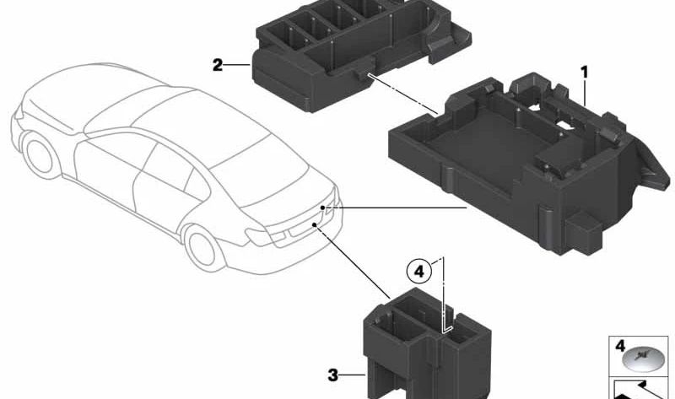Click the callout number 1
tap(583, 73)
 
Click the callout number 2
tap(217, 64)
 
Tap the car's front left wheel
tap(40, 156)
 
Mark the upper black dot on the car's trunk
tap(322, 207)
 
